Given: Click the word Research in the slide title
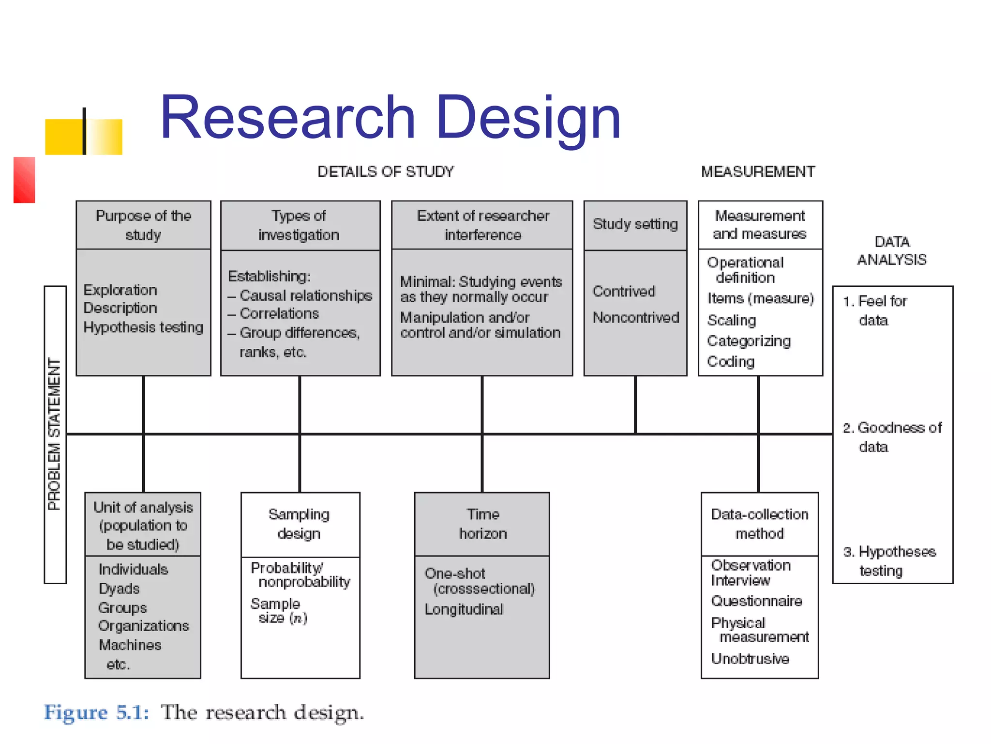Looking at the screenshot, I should [x=287, y=118].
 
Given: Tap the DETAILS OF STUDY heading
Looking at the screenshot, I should [x=386, y=171].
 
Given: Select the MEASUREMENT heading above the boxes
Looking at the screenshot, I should [x=758, y=171].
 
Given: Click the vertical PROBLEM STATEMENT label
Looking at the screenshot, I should [x=55, y=434].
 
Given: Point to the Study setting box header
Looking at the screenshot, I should [x=635, y=224].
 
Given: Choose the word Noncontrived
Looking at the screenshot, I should [x=635, y=317].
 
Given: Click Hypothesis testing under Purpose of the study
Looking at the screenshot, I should [x=143, y=327].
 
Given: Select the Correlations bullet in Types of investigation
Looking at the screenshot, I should [x=279, y=314].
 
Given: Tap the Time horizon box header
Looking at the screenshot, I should [x=482, y=524].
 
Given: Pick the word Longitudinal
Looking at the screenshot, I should [x=464, y=609].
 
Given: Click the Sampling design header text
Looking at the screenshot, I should [x=299, y=524].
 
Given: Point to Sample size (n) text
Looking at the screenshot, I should [x=279, y=611].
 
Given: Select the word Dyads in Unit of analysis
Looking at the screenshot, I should [x=119, y=589].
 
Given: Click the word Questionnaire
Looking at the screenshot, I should [x=756, y=601].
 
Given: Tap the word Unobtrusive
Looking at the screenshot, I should [x=750, y=659].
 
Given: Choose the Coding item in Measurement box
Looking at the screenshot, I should [x=731, y=362].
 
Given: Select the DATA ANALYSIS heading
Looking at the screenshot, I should [x=892, y=250].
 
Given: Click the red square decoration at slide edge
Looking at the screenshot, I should [x=24, y=180].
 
